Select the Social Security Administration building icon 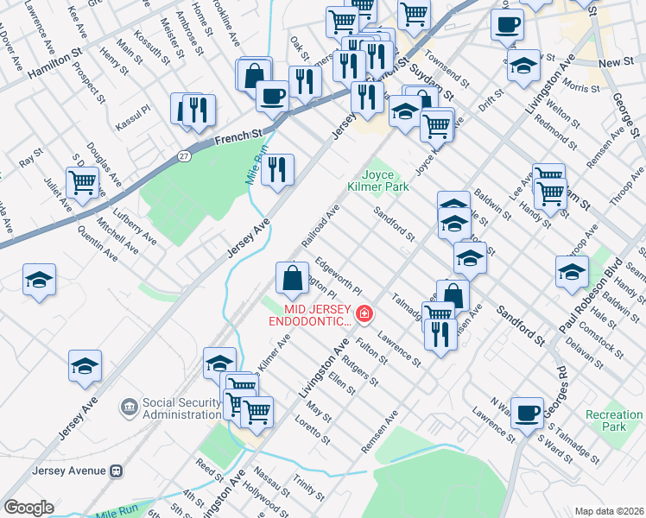click(129, 406)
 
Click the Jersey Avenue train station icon click(115, 471)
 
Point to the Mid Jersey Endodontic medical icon click(364, 313)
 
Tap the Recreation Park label click(613, 420)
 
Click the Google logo click(28, 508)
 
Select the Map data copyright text click(608, 511)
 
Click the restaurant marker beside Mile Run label click(277, 169)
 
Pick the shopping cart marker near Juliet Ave click(82, 182)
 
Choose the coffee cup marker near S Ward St click(526, 411)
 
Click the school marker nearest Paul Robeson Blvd click(572, 270)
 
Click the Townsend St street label click(446, 73)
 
